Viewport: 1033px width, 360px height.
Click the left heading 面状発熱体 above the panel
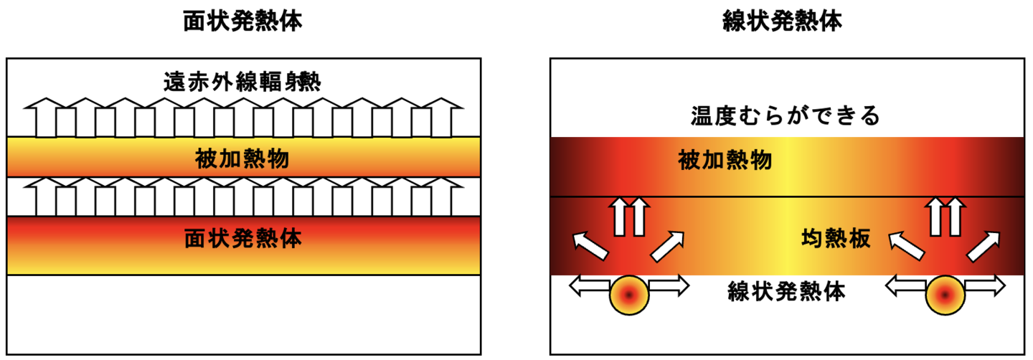tap(242, 22)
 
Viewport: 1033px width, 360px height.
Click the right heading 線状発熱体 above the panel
tap(783, 22)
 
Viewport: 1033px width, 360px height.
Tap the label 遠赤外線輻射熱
tap(242, 81)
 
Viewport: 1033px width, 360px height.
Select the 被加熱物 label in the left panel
tap(242, 158)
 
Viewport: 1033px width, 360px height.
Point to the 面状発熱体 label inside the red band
tap(242, 238)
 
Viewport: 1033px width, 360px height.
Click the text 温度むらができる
tap(786, 115)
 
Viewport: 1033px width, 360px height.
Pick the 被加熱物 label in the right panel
tap(725, 161)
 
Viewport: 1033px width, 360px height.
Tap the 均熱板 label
tap(835, 240)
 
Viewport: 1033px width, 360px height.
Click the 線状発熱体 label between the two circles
tap(786, 292)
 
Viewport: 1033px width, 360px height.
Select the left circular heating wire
tap(629, 295)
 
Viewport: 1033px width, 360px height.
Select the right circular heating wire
tap(945, 295)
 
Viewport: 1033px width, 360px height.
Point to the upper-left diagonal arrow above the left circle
tap(590, 244)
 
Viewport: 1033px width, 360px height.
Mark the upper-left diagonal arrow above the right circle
tap(907, 244)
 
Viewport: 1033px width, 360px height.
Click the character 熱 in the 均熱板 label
tap(835, 240)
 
